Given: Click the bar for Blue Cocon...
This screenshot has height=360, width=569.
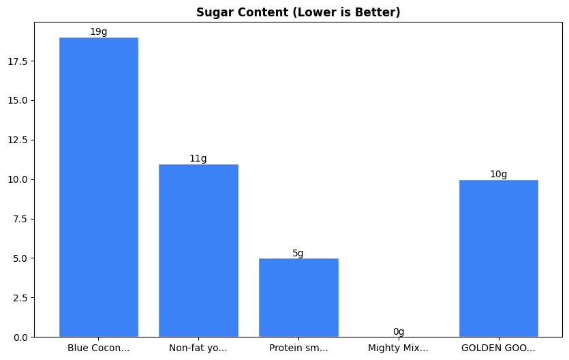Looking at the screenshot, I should (x=99, y=187).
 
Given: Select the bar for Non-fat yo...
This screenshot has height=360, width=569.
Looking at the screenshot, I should (x=198, y=250).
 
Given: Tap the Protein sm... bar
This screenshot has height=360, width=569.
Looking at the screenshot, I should (x=298, y=297).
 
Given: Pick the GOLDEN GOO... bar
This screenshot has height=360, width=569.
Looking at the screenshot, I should (x=499, y=258).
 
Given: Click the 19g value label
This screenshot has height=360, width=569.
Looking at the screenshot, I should (x=99, y=32).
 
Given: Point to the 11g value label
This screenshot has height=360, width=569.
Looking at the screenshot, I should (x=198, y=159).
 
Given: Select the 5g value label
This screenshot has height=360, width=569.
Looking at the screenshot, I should (x=298, y=254).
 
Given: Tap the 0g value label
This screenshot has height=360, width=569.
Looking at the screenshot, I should (x=399, y=332).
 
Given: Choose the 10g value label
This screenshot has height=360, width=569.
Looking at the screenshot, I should (x=499, y=175).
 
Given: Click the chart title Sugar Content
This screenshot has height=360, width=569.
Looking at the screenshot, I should (x=298, y=12).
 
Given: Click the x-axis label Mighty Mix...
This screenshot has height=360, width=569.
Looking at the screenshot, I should (x=399, y=348).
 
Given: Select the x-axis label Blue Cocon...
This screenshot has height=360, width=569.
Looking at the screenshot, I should (x=99, y=348).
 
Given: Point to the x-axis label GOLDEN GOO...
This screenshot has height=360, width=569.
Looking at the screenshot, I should (x=499, y=348).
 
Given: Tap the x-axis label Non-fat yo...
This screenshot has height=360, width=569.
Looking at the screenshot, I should (x=198, y=348).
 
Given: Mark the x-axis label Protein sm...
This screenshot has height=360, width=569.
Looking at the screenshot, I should (x=298, y=348).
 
